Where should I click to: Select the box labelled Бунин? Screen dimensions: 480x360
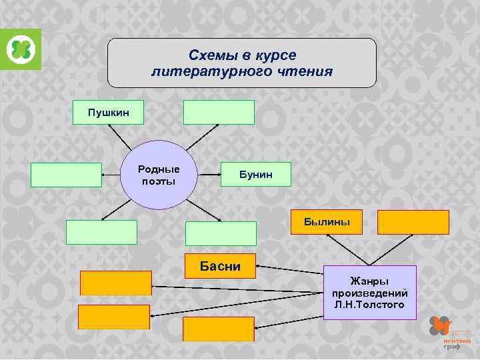click(x=256, y=175)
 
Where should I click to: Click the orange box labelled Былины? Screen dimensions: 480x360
click(x=327, y=222)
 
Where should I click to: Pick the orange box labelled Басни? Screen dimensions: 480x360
click(x=220, y=266)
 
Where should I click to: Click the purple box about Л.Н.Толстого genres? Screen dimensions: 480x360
click(x=369, y=292)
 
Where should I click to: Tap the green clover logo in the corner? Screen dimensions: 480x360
click(x=21, y=49)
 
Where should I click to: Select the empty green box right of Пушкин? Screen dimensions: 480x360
click(x=219, y=113)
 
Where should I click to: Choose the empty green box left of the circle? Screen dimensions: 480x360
click(x=66, y=175)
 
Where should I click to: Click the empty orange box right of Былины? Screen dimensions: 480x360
click(x=413, y=222)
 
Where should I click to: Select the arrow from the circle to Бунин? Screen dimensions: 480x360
click(x=209, y=175)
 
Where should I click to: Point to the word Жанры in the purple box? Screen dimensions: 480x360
click(x=369, y=281)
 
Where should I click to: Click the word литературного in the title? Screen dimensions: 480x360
click(x=205, y=71)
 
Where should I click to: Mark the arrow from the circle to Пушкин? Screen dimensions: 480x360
click(x=120, y=137)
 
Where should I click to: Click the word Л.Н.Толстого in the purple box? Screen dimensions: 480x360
click(x=369, y=304)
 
